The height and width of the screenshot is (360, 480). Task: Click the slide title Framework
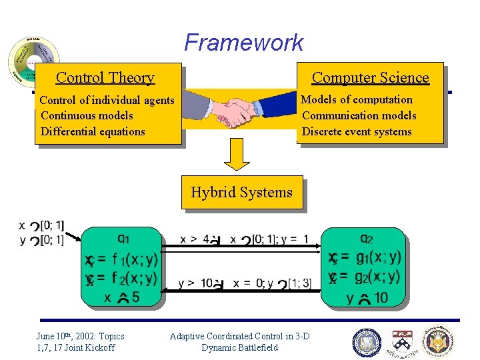(243, 43)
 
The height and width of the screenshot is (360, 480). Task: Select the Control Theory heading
(105, 78)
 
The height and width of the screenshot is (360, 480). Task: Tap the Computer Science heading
(370, 78)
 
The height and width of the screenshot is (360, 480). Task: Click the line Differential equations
(93, 131)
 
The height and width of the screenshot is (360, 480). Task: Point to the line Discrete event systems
(357, 131)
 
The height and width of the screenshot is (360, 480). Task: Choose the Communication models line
(359, 115)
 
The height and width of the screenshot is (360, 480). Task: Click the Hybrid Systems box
(241, 193)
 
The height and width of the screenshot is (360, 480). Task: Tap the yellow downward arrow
(236, 155)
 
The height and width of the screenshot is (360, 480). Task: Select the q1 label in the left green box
(124, 238)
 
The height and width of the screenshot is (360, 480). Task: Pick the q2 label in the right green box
(366, 238)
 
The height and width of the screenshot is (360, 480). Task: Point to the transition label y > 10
(195, 283)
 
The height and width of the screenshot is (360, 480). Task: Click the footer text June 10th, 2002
(80, 336)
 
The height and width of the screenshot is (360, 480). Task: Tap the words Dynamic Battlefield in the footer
(239, 347)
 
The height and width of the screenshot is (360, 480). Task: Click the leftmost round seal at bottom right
(366, 342)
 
